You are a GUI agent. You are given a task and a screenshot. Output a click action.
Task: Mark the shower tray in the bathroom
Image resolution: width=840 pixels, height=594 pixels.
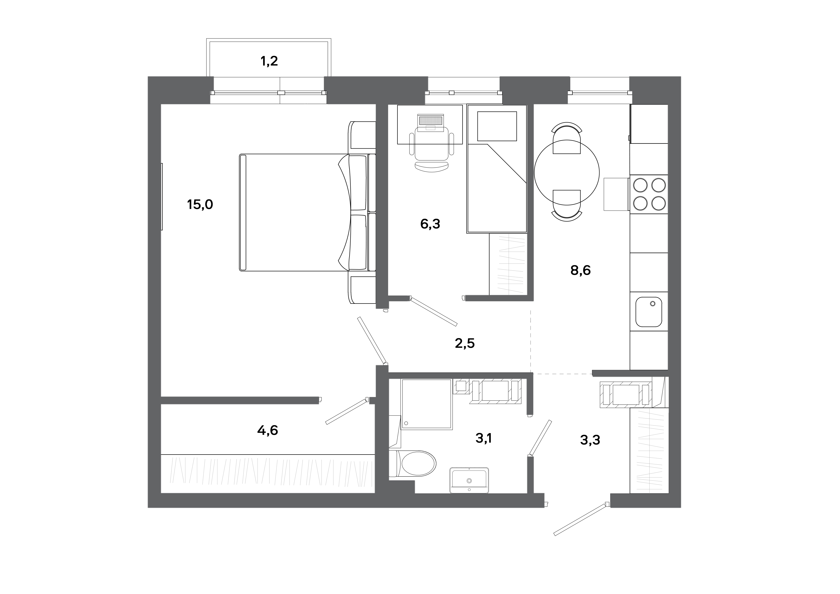(427, 404)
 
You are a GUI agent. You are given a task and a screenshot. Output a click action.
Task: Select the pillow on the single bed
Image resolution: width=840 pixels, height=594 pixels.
(497, 126)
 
